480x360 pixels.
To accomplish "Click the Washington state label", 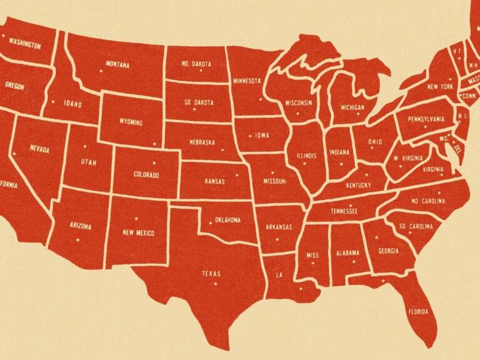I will (25, 46).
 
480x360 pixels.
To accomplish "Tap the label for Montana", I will (117, 64).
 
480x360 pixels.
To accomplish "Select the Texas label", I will (211, 273).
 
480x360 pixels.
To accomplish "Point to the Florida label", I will (418, 311).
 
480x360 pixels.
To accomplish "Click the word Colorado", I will (146, 176).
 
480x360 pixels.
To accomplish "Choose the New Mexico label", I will (138, 233).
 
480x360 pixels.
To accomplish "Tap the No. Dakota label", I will (197, 64).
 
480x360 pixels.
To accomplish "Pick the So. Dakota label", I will (199, 102).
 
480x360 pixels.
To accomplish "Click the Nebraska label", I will (202, 142).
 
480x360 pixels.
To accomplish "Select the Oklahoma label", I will (227, 220).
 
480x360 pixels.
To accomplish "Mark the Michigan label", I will (352, 107).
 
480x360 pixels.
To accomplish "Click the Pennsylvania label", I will (426, 119).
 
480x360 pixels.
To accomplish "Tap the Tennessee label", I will (344, 211).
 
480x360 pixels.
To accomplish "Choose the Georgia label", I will (388, 251).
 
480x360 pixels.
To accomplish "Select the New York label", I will (440, 87).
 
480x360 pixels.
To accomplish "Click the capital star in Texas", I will (216, 284).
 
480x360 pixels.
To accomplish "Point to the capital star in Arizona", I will (78, 239).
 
